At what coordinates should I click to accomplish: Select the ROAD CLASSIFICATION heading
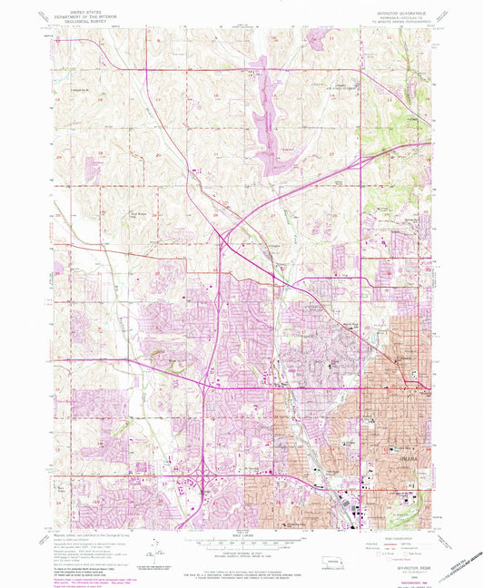point(400,535)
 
